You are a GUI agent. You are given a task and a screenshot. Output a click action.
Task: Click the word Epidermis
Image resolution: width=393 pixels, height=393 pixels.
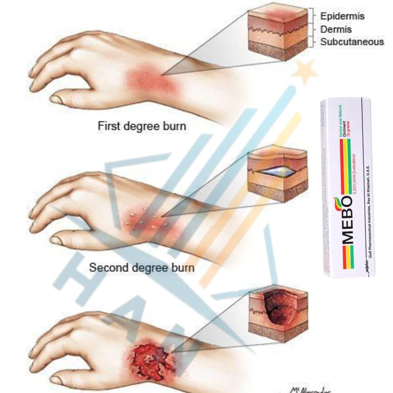click(342, 16)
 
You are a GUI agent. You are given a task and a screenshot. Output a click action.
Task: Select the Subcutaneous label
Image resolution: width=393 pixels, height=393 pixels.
click(352, 42)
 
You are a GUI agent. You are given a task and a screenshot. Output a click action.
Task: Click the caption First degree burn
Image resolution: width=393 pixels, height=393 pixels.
click(142, 126)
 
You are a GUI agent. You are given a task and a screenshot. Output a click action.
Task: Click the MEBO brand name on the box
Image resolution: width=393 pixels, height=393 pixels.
click(347, 218)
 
